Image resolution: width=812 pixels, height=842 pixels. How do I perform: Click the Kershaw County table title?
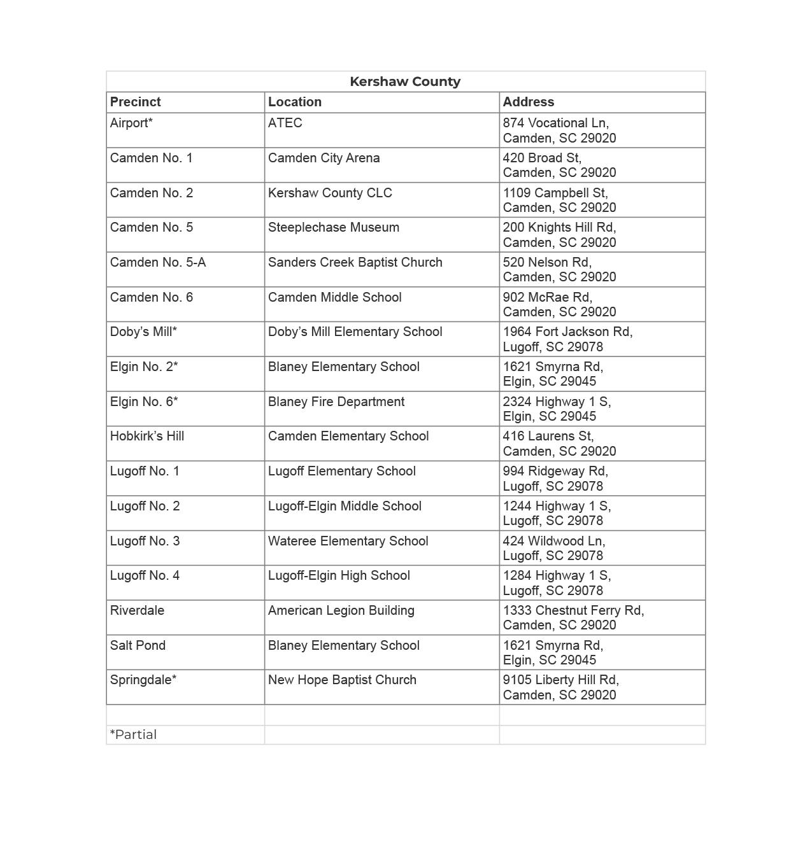pos(405,81)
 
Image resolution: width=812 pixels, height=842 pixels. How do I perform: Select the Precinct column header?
pos(135,102)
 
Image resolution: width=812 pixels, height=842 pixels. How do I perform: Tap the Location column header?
pos(294,102)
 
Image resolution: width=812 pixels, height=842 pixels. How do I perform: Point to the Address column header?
pos(528,102)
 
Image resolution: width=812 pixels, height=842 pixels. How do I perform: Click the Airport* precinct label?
pos(131,123)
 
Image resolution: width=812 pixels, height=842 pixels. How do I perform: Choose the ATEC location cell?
pos(285,123)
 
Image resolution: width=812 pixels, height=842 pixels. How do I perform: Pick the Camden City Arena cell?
pos(324,158)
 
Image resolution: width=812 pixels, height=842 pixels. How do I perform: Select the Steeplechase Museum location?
pos(333,227)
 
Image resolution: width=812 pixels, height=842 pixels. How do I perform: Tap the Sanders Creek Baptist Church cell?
pos(355,262)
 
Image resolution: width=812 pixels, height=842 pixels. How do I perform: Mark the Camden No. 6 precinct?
pos(151,297)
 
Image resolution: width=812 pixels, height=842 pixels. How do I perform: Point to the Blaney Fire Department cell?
pos(336,402)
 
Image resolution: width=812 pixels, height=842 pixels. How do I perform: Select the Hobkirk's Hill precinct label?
pos(146,436)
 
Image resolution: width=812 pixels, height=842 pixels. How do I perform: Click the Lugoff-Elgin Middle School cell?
pos(344,506)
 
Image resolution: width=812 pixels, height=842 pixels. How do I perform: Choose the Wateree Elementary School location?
pos(348,541)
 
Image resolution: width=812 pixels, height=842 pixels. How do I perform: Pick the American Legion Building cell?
pos(341,610)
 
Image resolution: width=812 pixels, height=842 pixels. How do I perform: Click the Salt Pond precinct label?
pos(138,645)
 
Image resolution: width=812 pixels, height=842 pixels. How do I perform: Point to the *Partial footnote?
pos(133,734)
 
